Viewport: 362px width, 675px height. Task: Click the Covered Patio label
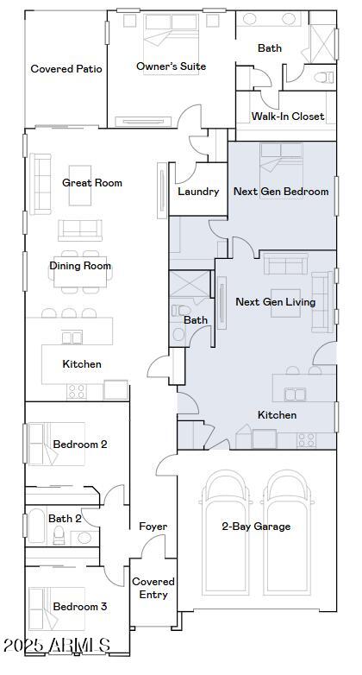click(x=66, y=69)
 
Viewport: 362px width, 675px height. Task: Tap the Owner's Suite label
click(x=171, y=66)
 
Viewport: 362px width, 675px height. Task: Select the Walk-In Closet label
click(x=288, y=117)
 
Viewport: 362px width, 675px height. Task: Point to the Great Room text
click(x=92, y=183)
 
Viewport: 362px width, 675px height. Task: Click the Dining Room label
click(x=80, y=266)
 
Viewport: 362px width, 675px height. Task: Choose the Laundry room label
click(x=198, y=192)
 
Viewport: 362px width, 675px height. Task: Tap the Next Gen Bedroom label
click(x=282, y=192)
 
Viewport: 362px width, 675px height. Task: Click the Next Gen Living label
click(x=275, y=302)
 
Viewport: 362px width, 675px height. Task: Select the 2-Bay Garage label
click(x=256, y=527)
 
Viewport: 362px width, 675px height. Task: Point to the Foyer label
click(x=153, y=527)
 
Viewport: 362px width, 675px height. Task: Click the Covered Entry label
click(x=154, y=588)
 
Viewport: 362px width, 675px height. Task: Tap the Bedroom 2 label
click(x=80, y=445)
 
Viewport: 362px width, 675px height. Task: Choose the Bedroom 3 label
click(x=80, y=607)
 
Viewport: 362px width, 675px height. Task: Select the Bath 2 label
click(x=66, y=519)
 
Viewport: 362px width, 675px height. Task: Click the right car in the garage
click(x=288, y=535)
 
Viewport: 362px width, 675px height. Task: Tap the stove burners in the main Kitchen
click(x=77, y=391)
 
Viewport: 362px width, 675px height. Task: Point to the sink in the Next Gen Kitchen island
click(x=296, y=395)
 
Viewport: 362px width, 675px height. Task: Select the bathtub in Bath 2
click(x=35, y=527)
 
